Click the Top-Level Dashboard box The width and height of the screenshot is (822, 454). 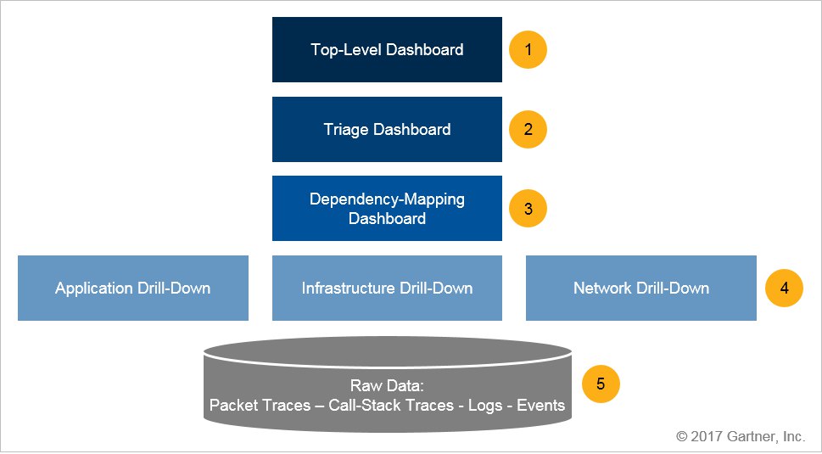387,50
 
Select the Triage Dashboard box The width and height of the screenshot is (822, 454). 387,130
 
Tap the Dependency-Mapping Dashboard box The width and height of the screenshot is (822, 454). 387,209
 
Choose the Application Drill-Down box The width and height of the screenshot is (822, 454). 133,288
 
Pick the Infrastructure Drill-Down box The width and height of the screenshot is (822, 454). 387,288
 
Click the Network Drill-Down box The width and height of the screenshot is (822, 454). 641,288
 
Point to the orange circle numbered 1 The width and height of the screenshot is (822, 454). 528,50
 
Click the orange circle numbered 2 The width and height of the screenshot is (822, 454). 528,130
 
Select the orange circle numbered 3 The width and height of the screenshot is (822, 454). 528,209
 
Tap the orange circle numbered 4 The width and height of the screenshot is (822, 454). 785,288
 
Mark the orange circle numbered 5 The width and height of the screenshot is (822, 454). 601,384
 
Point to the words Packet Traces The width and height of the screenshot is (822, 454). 260,406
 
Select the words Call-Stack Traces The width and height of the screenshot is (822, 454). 391,406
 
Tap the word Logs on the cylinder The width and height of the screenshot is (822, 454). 486,406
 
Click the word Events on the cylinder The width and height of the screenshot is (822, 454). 541,406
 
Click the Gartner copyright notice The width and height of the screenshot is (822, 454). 741,436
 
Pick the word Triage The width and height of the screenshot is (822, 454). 346,130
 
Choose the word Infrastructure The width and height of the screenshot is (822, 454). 348,288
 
